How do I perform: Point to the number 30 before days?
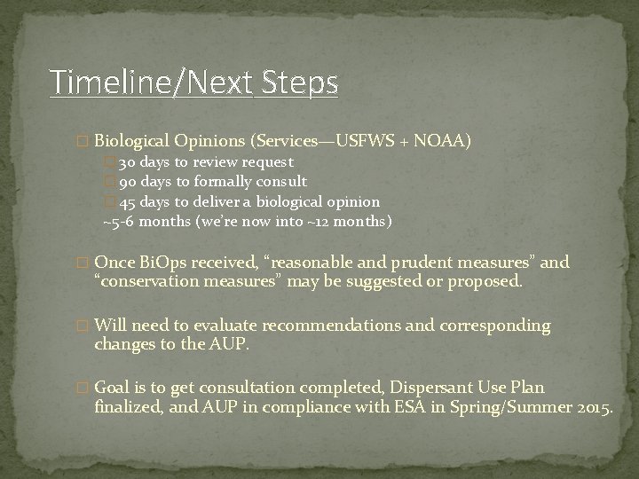click(x=126, y=162)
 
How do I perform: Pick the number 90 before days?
click(x=126, y=182)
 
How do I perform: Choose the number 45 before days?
click(x=126, y=201)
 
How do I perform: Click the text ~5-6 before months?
click(x=120, y=221)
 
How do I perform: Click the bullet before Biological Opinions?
click(x=84, y=142)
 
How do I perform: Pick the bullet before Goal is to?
click(x=84, y=389)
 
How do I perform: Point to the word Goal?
click(x=114, y=388)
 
